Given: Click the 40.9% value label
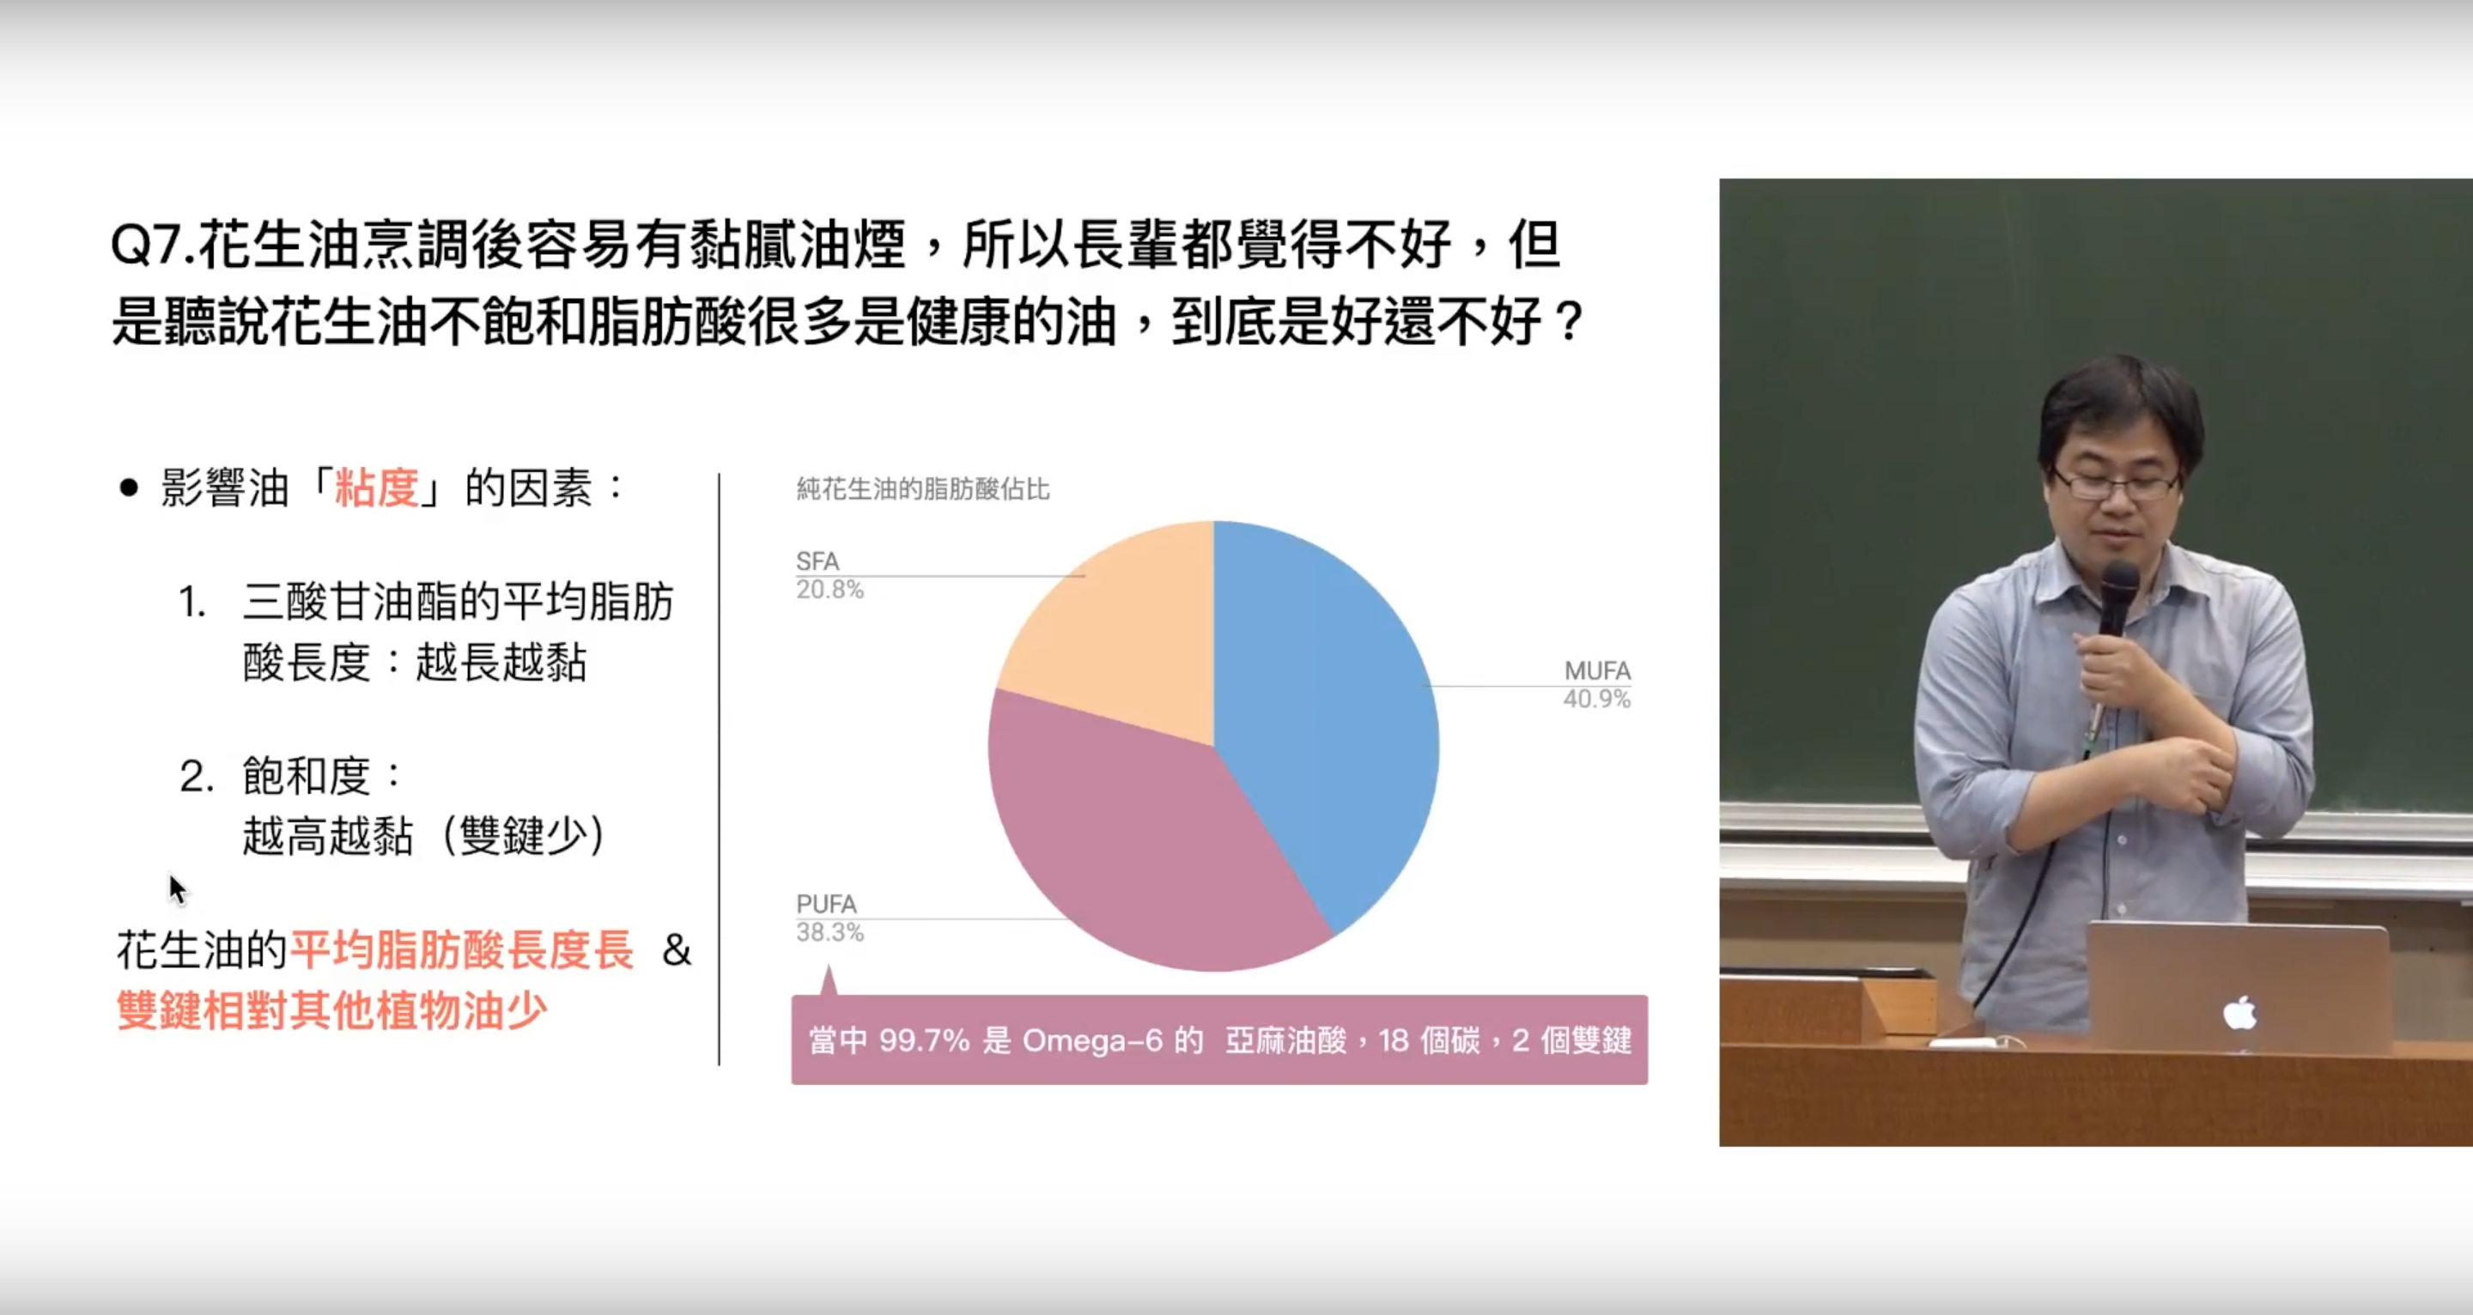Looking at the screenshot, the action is point(1596,699).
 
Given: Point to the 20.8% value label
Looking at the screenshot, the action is point(829,590).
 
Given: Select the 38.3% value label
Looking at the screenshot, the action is point(829,932).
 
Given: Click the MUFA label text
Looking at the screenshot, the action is point(1597,670).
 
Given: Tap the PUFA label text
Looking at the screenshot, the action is point(825,904).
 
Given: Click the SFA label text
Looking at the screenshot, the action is point(817,561).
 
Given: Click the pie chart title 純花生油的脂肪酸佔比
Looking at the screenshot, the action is point(922,489).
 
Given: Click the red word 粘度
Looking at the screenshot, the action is point(376,488).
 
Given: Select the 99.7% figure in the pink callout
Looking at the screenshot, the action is point(924,1040).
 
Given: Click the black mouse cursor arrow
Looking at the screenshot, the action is point(178,888).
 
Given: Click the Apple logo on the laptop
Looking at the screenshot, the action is point(2239,1013).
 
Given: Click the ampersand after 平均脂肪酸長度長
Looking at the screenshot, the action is point(677,951).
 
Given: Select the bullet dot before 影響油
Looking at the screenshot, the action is point(129,488).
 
